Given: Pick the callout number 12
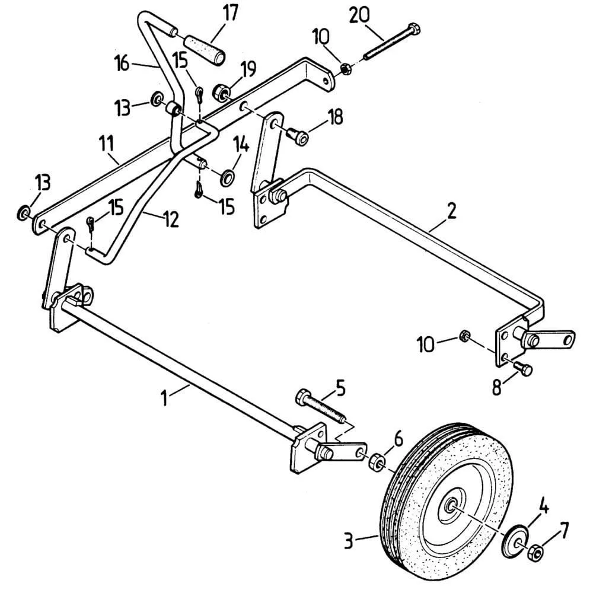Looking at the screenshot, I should coord(170,220).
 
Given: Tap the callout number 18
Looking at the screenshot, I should coord(334,117).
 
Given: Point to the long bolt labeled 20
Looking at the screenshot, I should coord(388,41).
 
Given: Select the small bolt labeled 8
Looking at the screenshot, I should coord(522,369).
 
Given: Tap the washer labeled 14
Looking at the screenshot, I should coord(226,177).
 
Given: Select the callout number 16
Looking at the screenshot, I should coord(122,63).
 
